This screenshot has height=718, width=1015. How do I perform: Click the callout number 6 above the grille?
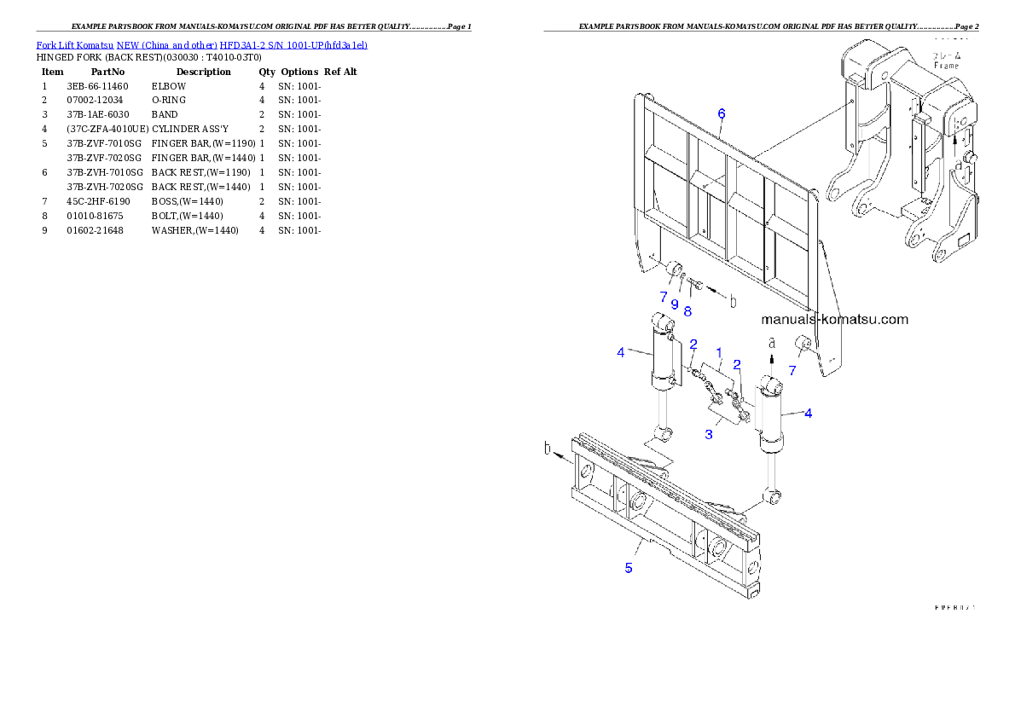[x=721, y=113]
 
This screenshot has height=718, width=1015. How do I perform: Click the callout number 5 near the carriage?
[x=629, y=568]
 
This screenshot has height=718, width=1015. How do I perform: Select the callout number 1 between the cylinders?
[x=719, y=352]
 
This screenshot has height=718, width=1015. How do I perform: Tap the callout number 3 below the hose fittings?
[x=708, y=435]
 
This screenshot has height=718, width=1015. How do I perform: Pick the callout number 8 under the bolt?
[x=687, y=311]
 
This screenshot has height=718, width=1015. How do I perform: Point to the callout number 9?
[x=674, y=304]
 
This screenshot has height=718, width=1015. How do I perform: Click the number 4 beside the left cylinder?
[x=622, y=352]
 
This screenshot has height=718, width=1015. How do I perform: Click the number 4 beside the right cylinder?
[x=808, y=414]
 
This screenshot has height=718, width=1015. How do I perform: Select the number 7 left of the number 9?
[x=663, y=297]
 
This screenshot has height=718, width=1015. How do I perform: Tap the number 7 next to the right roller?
[x=792, y=370]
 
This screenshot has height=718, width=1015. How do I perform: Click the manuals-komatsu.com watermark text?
[x=834, y=320]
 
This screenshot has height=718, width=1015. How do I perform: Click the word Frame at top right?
[x=946, y=66]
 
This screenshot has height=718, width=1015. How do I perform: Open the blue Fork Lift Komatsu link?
[x=201, y=44]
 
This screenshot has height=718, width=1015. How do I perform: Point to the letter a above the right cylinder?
[x=771, y=342]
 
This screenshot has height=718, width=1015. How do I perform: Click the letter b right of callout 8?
[x=732, y=300]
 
